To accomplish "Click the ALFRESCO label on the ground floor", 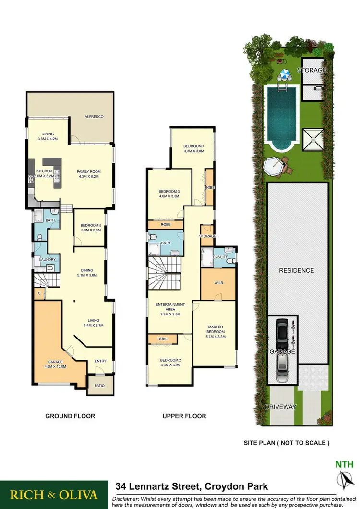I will tap(94, 117).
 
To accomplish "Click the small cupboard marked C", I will tap(38, 292).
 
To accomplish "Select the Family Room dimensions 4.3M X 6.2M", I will tap(89, 176).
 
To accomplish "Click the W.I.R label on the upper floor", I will tap(215, 282).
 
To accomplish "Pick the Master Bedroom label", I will tap(215, 331).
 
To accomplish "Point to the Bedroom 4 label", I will tap(194, 148).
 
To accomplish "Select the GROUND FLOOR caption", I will tap(70, 416).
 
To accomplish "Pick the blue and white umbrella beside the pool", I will tap(286, 75).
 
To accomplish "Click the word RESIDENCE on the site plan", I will tap(297, 270).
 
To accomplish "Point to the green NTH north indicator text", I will tap(344, 464).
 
